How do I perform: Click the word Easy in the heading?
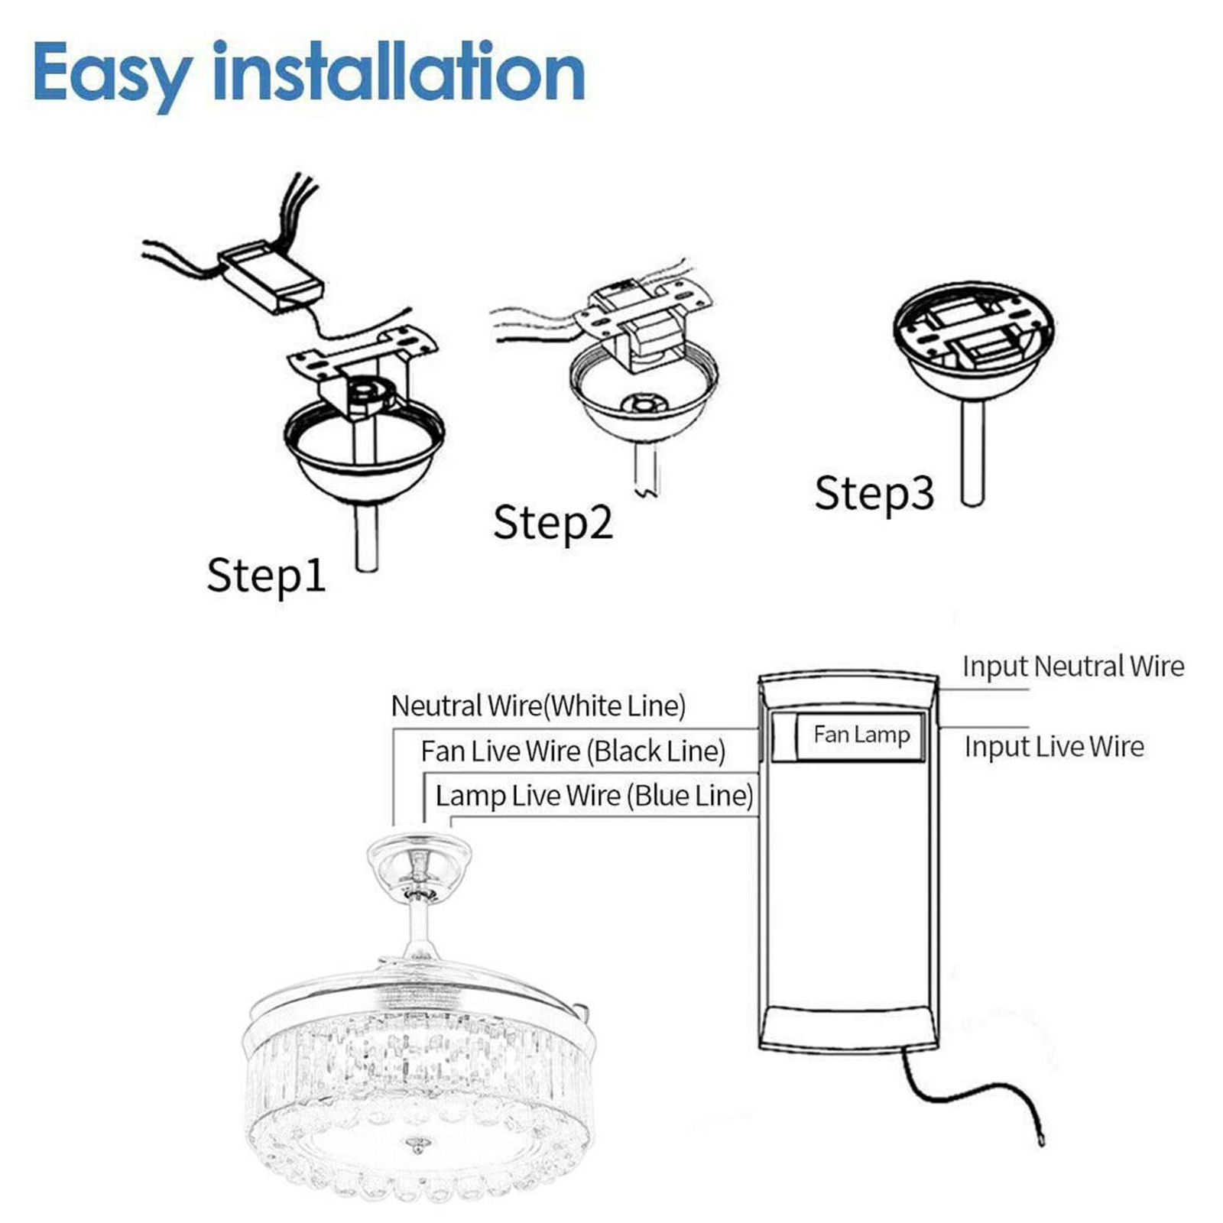pyautogui.click(x=112, y=75)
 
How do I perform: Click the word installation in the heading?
pyautogui.click(x=398, y=70)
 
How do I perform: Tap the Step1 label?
pyautogui.click(x=266, y=576)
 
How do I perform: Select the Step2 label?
pyautogui.click(x=553, y=523)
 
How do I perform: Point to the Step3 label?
pyautogui.click(x=874, y=493)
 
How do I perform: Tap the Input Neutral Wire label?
pyautogui.click(x=1073, y=666)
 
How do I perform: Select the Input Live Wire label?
pyautogui.click(x=1054, y=747)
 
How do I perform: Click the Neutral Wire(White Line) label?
pyautogui.click(x=538, y=706)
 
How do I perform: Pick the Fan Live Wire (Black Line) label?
pyautogui.click(x=573, y=751)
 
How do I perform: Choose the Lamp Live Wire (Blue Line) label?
pyautogui.click(x=594, y=796)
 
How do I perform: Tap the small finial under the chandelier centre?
pyautogui.click(x=417, y=1145)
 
